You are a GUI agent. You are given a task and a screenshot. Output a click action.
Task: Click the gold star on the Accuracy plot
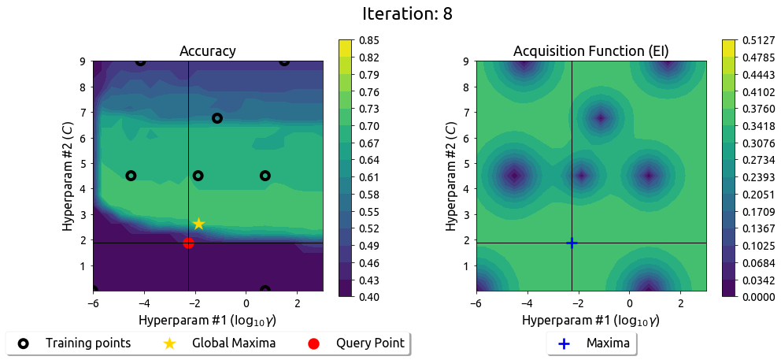click(x=198, y=224)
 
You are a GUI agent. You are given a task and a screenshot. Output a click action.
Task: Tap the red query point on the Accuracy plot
click(x=188, y=243)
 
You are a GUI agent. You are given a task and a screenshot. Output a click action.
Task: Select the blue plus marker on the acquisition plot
click(x=572, y=243)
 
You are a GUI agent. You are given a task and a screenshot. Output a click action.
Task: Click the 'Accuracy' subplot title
click(x=208, y=52)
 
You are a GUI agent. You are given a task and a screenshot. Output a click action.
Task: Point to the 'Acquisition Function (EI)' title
click(x=590, y=52)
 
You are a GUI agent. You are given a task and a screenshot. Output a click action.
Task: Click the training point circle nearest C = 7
click(x=217, y=118)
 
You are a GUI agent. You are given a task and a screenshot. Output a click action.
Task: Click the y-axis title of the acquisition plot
click(x=451, y=176)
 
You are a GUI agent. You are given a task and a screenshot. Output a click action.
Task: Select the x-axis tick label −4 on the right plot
click(x=524, y=302)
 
